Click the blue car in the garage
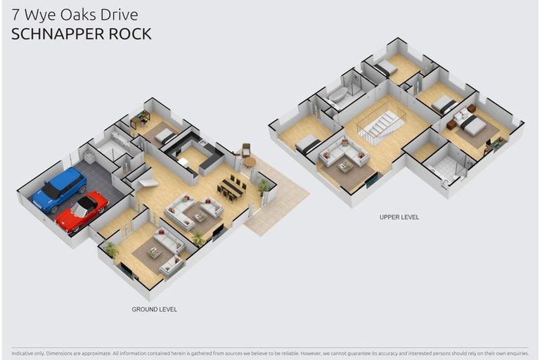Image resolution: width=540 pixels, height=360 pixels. pyautogui.click(x=59, y=190)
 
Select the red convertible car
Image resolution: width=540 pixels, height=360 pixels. pyautogui.click(x=82, y=211)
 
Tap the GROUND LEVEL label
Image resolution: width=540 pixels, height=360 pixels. pyautogui.click(x=154, y=309)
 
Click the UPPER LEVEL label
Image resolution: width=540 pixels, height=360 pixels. pyautogui.click(x=399, y=217)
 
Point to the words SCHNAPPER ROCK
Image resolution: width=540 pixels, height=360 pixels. pyautogui.click(x=81, y=34)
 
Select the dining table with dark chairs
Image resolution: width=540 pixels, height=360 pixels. pyautogui.click(x=233, y=187)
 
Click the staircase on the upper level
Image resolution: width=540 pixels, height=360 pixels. pyautogui.click(x=380, y=127)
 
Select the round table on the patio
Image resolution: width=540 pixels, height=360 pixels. pyautogui.click(x=250, y=162)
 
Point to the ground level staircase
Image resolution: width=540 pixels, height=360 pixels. pyautogui.click(x=148, y=182)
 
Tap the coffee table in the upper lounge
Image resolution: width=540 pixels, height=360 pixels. pyautogui.click(x=345, y=166)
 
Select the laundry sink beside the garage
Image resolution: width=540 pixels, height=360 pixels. pyautogui.click(x=90, y=155)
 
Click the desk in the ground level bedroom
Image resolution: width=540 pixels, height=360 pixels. pyautogui.click(x=139, y=120)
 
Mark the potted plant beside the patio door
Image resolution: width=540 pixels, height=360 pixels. pyautogui.click(x=262, y=186)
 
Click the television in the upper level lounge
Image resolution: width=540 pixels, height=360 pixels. pyautogui.click(x=371, y=181)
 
